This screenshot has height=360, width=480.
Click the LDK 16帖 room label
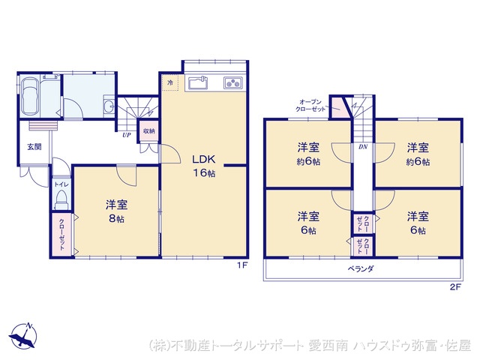[x=202, y=166]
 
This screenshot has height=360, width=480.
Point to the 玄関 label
[x=35, y=147]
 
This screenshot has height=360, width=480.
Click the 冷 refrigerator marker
[x=170, y=82]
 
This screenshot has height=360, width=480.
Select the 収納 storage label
[x=148, y=131]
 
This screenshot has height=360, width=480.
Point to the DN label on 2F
[x=362, y=147]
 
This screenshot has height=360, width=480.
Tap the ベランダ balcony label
[x=361, y=268]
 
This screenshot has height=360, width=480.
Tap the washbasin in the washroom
[x=109, y=105]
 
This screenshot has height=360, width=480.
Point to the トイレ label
[x=58, y=184]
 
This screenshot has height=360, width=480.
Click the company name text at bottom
[x=310, y=346]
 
